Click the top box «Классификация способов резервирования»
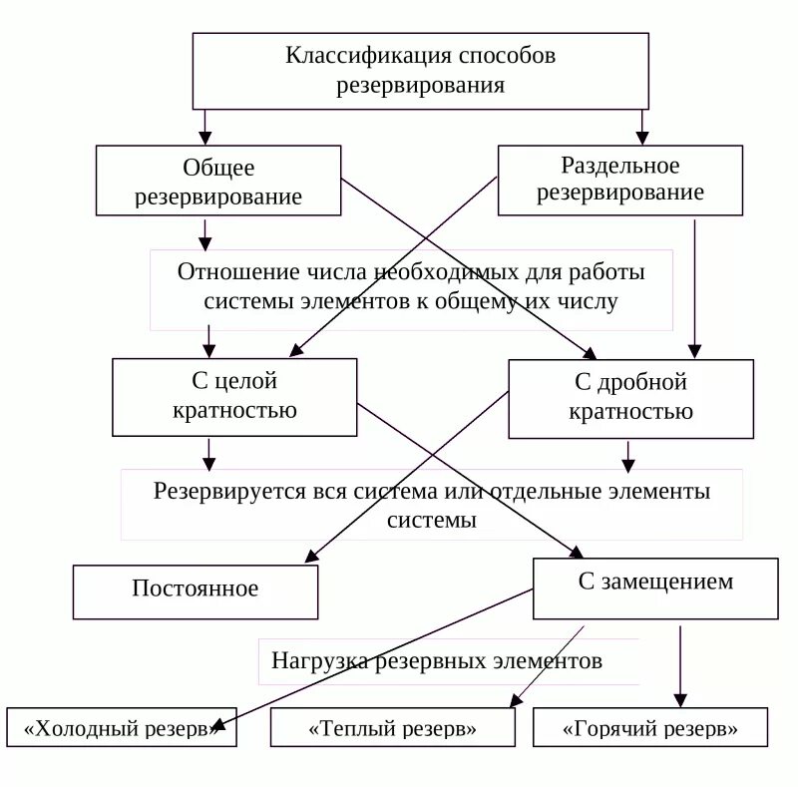click(x=420, y=71)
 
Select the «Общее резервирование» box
click(x=218, y=181)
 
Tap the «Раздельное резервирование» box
click(x=619, y=180)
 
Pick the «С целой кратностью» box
click(x=234, y=396)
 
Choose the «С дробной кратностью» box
click(x=630, y=398)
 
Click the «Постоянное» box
click(x=196, y=591)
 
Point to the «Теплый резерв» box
click(x=393, y=728)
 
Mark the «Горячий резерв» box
click(x=650, y=728)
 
